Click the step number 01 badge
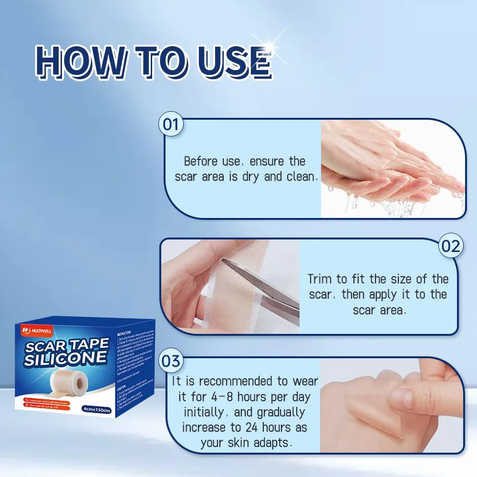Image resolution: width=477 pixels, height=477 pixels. (171, 124)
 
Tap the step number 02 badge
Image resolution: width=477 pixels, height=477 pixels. (450, 246)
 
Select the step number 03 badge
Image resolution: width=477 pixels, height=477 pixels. (170, 361)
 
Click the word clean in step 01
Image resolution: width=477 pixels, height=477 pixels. (301, 176)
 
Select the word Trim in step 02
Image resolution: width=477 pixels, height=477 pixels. (319, 279)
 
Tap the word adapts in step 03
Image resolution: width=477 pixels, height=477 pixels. (271, 443)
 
